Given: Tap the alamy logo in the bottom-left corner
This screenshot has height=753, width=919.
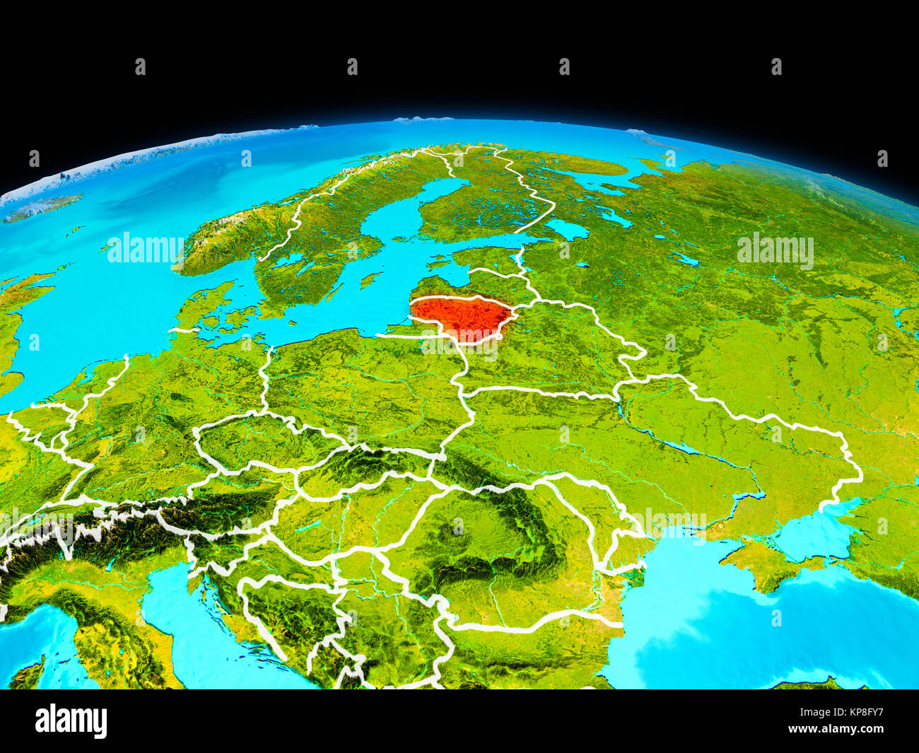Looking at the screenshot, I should tap(71, 721).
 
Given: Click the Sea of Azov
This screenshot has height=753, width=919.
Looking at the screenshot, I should tap(813, 534).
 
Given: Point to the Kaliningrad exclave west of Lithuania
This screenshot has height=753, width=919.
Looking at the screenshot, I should tap(400, 328).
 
